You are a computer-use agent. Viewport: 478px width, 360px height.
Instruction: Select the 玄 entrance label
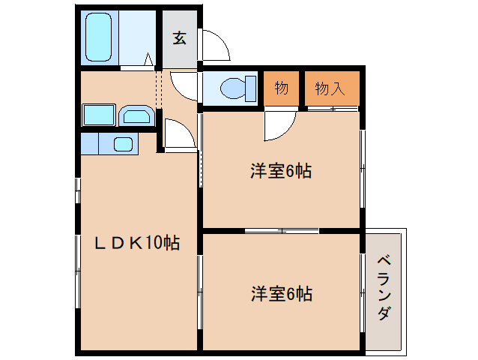click(180, 37)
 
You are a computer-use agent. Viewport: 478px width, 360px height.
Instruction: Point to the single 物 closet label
click(281, 88)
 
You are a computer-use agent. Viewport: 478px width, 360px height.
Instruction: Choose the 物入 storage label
click(330, 88)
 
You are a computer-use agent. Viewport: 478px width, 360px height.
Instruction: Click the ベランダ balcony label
click(384, 288)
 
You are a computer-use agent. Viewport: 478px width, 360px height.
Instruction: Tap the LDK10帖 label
click(136, 243)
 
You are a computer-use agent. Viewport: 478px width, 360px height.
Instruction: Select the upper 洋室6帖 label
click(281, 171)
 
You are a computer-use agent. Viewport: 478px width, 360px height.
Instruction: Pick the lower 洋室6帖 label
click(281, 293)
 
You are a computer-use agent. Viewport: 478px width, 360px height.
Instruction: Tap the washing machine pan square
click(98, 115)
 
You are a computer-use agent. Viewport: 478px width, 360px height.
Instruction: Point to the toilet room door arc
click(184, 82)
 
